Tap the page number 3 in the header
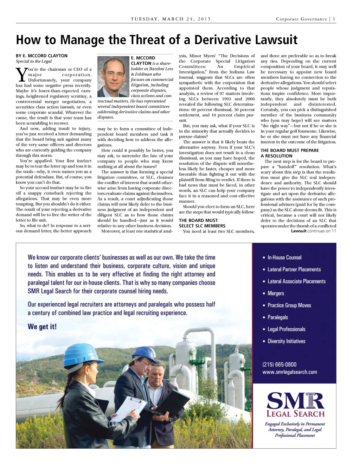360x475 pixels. (x=334, y=19)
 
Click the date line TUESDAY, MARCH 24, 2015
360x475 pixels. (x=171, y=19)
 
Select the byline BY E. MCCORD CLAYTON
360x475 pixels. (x=41, y=56)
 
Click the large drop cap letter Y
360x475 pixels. (x=21, y=75)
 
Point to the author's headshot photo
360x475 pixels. (x=113, y=77)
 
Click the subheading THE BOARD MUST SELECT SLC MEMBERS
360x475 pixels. (x=202, y=223)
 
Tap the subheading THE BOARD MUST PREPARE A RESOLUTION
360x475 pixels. (x=289, y=153)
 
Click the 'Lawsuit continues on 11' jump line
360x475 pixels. (x=313, y=231)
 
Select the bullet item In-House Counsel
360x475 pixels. (x=284, y=258)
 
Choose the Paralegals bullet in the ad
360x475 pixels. (x=277, y=317)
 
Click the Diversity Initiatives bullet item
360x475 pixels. (x=286, y=341)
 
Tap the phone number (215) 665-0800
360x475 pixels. (x=279, y=365)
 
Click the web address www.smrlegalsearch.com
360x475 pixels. (x=289, y=372)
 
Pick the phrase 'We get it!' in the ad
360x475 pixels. (x=42, y=327)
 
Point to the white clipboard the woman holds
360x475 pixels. (x=128, y=408)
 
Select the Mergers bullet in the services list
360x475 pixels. (x=275, y=293)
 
